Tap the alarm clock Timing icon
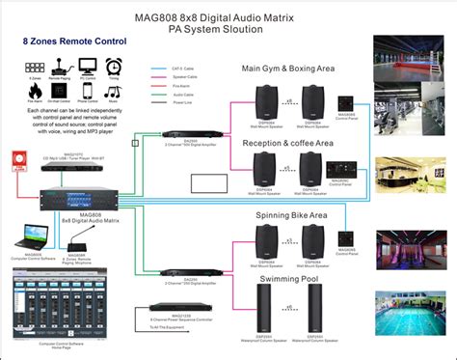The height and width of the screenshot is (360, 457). pyautogui.click(x=113, y=66)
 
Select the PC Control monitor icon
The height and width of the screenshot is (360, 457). pyautogui.click(x=88, y=66)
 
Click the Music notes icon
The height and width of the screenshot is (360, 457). pyautogui.click(x=113, y=89)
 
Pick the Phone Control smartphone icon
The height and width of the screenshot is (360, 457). pyautogui.click(x=88, y=89)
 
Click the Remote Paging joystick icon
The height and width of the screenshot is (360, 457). pyautogui.click(x=62, y=66)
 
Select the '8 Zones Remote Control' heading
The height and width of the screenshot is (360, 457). pyautogui.click(x=60, y=44)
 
